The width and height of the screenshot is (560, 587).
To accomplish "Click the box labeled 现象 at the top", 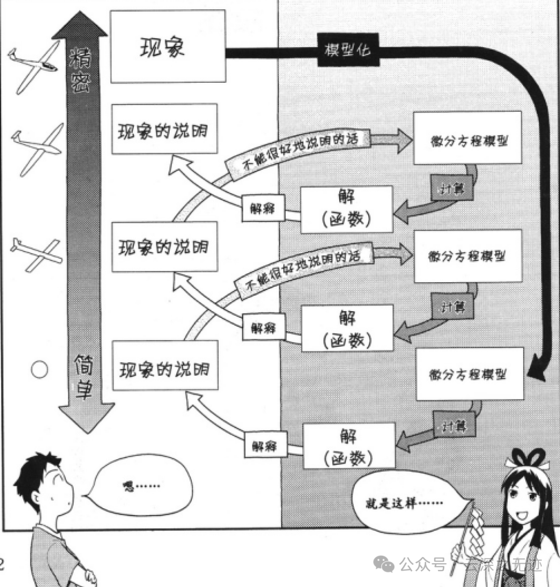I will tap(168, 47).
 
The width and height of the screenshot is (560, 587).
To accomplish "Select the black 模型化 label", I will tap(347, 50).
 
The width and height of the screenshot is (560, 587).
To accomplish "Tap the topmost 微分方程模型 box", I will tap(467, 138).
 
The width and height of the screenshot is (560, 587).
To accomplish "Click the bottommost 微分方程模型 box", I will tap(469, 374).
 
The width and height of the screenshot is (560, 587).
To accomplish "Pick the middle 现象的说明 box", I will tap(164, 247).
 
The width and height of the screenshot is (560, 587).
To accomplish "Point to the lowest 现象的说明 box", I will tap(165, 365).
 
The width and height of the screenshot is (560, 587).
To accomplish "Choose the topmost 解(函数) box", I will tap(346, 209).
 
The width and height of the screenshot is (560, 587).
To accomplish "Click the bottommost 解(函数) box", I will tap(348, 446).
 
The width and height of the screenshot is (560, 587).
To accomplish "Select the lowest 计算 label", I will tap(454, 425).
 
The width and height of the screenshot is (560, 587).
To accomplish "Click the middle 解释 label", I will tap(263, 327).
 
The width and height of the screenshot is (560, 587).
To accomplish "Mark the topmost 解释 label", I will tap(262, 209).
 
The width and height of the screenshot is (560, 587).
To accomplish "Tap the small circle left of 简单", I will tap(39, 370).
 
